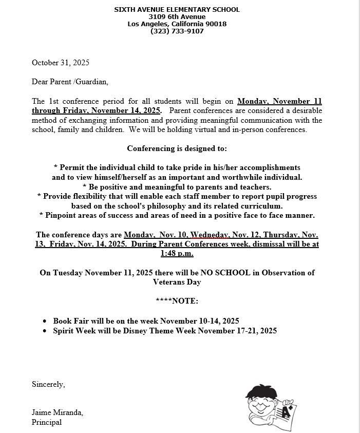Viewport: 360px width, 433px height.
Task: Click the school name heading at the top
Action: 177,9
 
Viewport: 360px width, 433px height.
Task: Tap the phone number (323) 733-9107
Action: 177,31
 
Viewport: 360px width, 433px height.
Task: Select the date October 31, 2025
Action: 61,63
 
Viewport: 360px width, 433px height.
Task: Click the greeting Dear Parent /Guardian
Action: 70,82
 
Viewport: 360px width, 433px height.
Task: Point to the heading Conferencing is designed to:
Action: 177,148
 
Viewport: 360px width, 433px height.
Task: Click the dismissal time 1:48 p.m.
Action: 177,253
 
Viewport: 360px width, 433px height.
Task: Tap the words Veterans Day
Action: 177,282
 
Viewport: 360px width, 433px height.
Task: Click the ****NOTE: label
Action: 177,301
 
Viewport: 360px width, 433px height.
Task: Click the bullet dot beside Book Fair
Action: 46,322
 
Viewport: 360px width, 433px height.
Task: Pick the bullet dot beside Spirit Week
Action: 46,331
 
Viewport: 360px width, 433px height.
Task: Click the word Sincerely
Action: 48,384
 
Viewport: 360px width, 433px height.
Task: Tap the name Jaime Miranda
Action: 57,412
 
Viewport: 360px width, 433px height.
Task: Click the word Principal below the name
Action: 47,422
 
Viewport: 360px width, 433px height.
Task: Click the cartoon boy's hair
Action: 261,392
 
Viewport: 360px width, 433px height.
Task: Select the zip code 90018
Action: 216,24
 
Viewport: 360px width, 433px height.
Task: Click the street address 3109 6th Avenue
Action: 177,16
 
